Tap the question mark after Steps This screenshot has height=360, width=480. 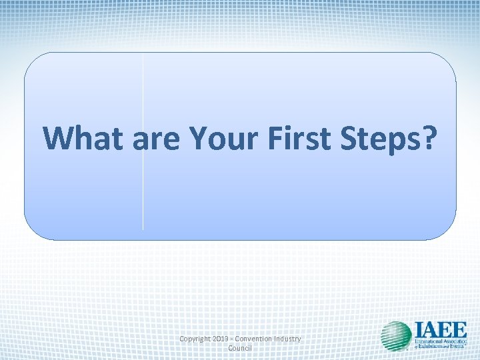click(429, 137)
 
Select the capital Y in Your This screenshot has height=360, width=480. click(198, 137)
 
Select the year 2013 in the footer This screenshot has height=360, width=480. click(224, 339)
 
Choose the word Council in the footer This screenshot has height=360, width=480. click(240, 349)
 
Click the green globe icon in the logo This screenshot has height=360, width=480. click(397, 336)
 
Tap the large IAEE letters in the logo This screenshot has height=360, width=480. click(439, 330)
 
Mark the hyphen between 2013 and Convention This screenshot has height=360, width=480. click(237, 339)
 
